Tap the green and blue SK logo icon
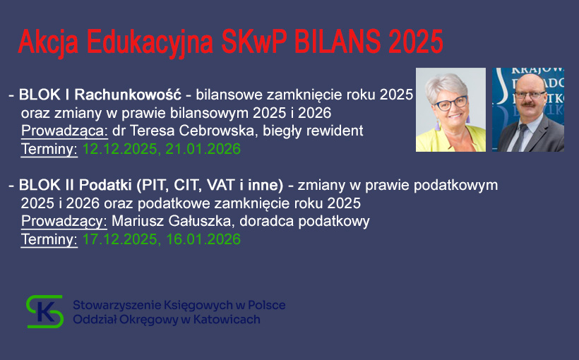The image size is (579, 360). [x=45, y=311]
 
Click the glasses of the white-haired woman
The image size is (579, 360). [x=450, y=103]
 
